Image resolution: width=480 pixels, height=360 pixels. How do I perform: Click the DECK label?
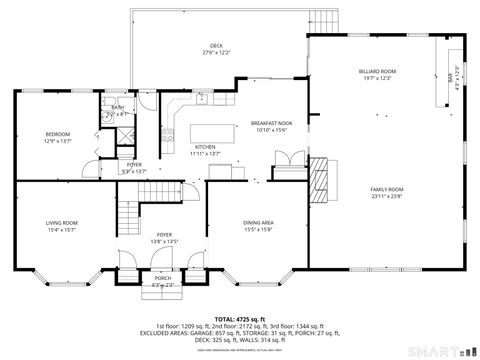pyautogui.click(x=216, y=45)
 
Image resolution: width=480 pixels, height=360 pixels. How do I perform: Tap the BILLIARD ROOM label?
pyautogui.click(x=378, y=72)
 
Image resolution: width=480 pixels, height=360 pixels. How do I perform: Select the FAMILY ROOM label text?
pyautogui.click(x=387, y=190)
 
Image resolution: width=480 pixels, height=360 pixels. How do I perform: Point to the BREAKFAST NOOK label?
pyautogui.click(x=270, y=123)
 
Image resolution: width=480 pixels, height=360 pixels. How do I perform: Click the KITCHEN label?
pyautogui.click(x=204, y=147)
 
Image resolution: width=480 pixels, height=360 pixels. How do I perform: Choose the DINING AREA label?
pyautogui.click(x=259, y=223)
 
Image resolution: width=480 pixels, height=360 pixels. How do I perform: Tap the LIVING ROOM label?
pyautogui.click(x=62, y=223)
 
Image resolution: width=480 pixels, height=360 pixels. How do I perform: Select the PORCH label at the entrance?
pyautogui.click(x=162, y=279)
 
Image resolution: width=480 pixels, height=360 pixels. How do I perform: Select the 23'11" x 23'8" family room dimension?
pyautogui.click(x=387, y=197)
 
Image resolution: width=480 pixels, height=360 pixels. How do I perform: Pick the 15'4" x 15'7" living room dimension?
pyautogui.click(x=62, y=230)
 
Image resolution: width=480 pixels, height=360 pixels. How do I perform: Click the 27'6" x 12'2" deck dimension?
pyautogui.click(x=216, y=52)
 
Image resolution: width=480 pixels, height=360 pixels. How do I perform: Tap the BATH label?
pyautogui.click(x=118, y=107)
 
